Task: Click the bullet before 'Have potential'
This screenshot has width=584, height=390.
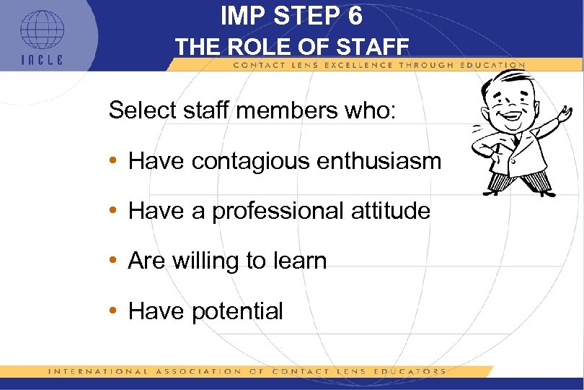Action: tap(114, 311)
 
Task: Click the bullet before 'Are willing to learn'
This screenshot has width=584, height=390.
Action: tap(114, 261)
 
